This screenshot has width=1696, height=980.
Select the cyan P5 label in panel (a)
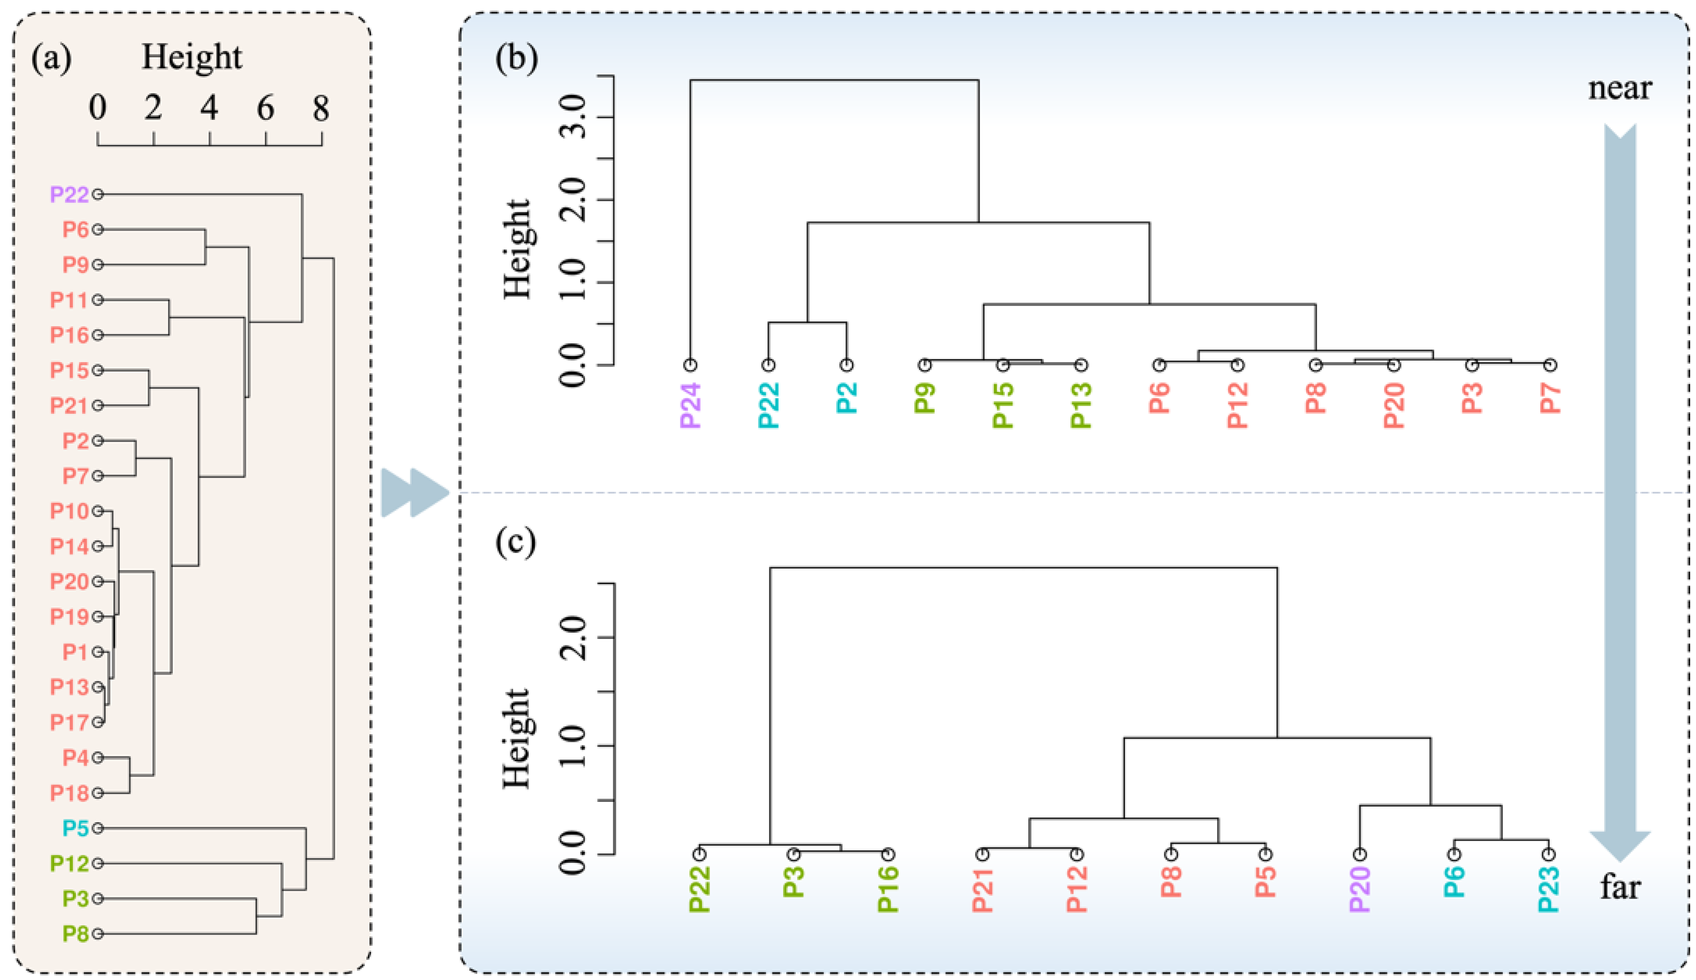(x=75, y=828)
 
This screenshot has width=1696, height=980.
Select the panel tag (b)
(x=516, y=58)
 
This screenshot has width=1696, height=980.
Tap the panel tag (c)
(x=516, y=542)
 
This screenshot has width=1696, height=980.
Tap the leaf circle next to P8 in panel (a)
(x=98, y=933)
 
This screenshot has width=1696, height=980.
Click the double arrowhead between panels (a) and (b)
(x=414, y=493)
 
